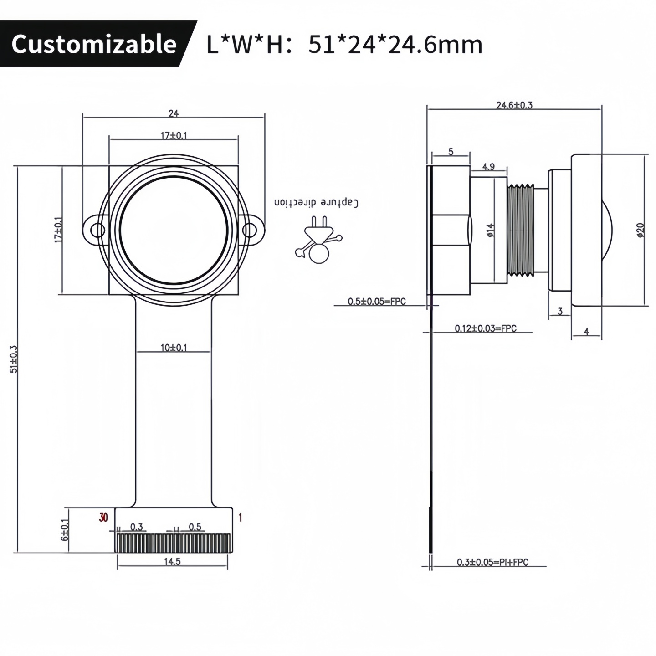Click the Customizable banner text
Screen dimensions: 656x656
pyautogui.click(x=94, y=44)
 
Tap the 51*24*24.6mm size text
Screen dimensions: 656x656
pyautogui.click(x=395, y=45)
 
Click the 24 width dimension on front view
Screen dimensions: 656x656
pyautogui.click(x=174, y=113)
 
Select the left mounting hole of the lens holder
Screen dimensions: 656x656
pyautogui.click(x=97, y=231)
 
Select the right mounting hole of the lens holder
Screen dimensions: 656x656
pyautogui.click(x=250, y=231)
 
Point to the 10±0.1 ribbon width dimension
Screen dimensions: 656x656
pyautogui.click(x=174, y=348)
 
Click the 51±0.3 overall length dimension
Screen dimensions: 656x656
pyautogui.click(x=14, y=359)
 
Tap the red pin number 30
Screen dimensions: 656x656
pyautogui.click(x=104, y=518)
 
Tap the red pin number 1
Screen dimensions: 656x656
pyautogui.click(x=240, y=518)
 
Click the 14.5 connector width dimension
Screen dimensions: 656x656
pyautogui.click(x=172, y=562)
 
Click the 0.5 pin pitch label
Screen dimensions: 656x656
pyautogui.click(x=195, y=527)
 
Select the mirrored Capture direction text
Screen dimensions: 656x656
pyautogui.click(x=316, y=203)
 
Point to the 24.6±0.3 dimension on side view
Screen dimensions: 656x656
pyautogui.click(x=514, y=105)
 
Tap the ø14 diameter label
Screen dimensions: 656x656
pyautogui.click(x=490, y=231)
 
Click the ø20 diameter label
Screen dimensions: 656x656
pyautogui.click(x=640, y=231)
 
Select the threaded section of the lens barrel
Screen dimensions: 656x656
pyautogui.click(x=521, y=230)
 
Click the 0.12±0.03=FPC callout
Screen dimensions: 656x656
pyautogui.click(x=486, y=328)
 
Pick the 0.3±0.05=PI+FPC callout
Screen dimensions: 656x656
pyautogui.click(x=492, y=562)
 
